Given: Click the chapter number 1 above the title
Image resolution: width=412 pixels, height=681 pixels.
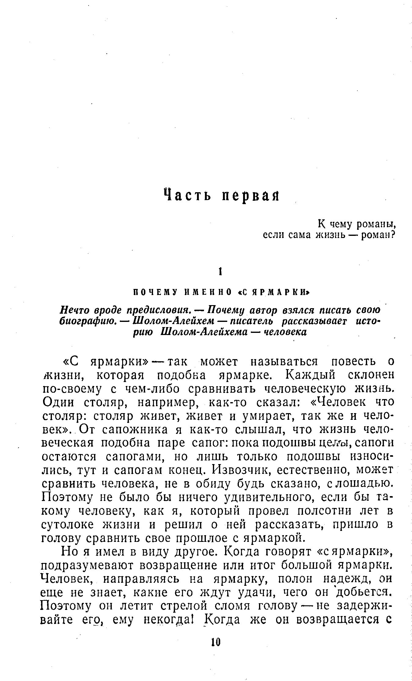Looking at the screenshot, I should (220, 272).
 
